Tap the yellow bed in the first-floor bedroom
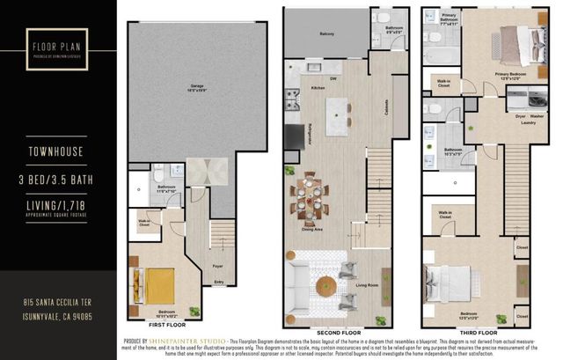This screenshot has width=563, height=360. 160,283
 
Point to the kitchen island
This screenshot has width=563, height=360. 338,112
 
